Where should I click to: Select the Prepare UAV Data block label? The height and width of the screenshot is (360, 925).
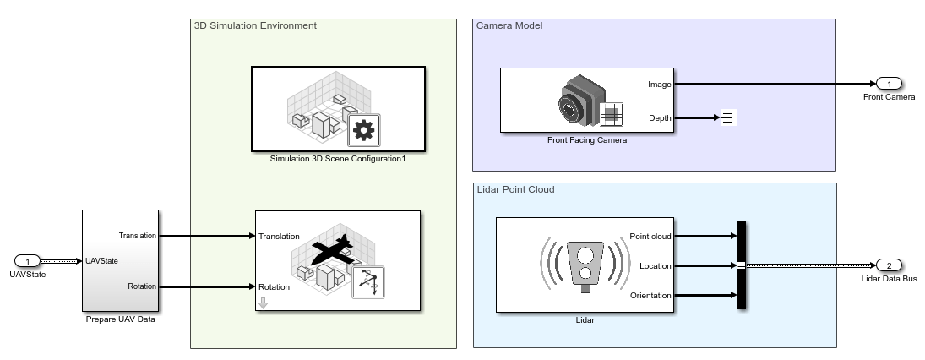120,319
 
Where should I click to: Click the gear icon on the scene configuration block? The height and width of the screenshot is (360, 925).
364,130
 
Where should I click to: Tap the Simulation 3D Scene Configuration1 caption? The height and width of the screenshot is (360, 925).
337,158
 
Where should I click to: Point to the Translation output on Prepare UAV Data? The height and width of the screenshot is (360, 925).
137,236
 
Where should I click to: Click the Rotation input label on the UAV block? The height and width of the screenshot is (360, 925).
275,287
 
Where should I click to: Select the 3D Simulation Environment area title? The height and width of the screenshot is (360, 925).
255,25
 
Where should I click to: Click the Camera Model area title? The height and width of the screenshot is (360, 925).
509,25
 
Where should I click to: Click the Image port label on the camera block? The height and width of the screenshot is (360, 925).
659,85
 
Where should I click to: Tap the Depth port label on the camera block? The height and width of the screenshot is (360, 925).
659,118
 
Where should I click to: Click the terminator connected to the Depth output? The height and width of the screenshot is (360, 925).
726,118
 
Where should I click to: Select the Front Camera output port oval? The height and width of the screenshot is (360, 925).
889,84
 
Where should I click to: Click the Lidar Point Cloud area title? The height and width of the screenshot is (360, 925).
515,189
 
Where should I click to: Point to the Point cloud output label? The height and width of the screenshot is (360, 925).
650,237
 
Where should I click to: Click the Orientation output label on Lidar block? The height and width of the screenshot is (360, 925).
650,296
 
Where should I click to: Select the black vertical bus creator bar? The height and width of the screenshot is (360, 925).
741,265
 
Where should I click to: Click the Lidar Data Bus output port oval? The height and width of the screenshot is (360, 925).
889,265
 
